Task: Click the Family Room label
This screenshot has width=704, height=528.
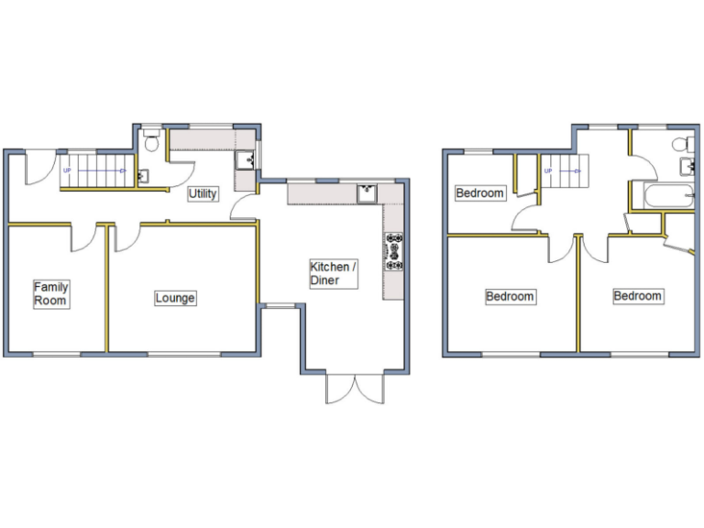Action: [51, 293]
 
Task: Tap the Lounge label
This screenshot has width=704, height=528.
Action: [175, 298]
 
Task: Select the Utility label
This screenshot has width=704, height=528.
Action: [203, 194]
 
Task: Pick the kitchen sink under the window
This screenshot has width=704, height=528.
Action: [367, 192]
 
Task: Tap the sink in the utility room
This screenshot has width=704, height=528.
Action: [246, 161]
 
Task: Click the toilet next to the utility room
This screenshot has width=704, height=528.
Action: [153, 141]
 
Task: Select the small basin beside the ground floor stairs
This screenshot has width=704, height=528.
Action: [143, 174]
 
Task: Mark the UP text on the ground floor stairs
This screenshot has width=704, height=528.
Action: [67, 170]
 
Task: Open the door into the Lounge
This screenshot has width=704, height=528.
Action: [126, 234]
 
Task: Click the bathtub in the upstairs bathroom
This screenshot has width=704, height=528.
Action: [660, 195]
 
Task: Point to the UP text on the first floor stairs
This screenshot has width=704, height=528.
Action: [548, 170]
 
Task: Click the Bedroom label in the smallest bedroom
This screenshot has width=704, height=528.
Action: [480, 193]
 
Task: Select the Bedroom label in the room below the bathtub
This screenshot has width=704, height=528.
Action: [637, 296]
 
